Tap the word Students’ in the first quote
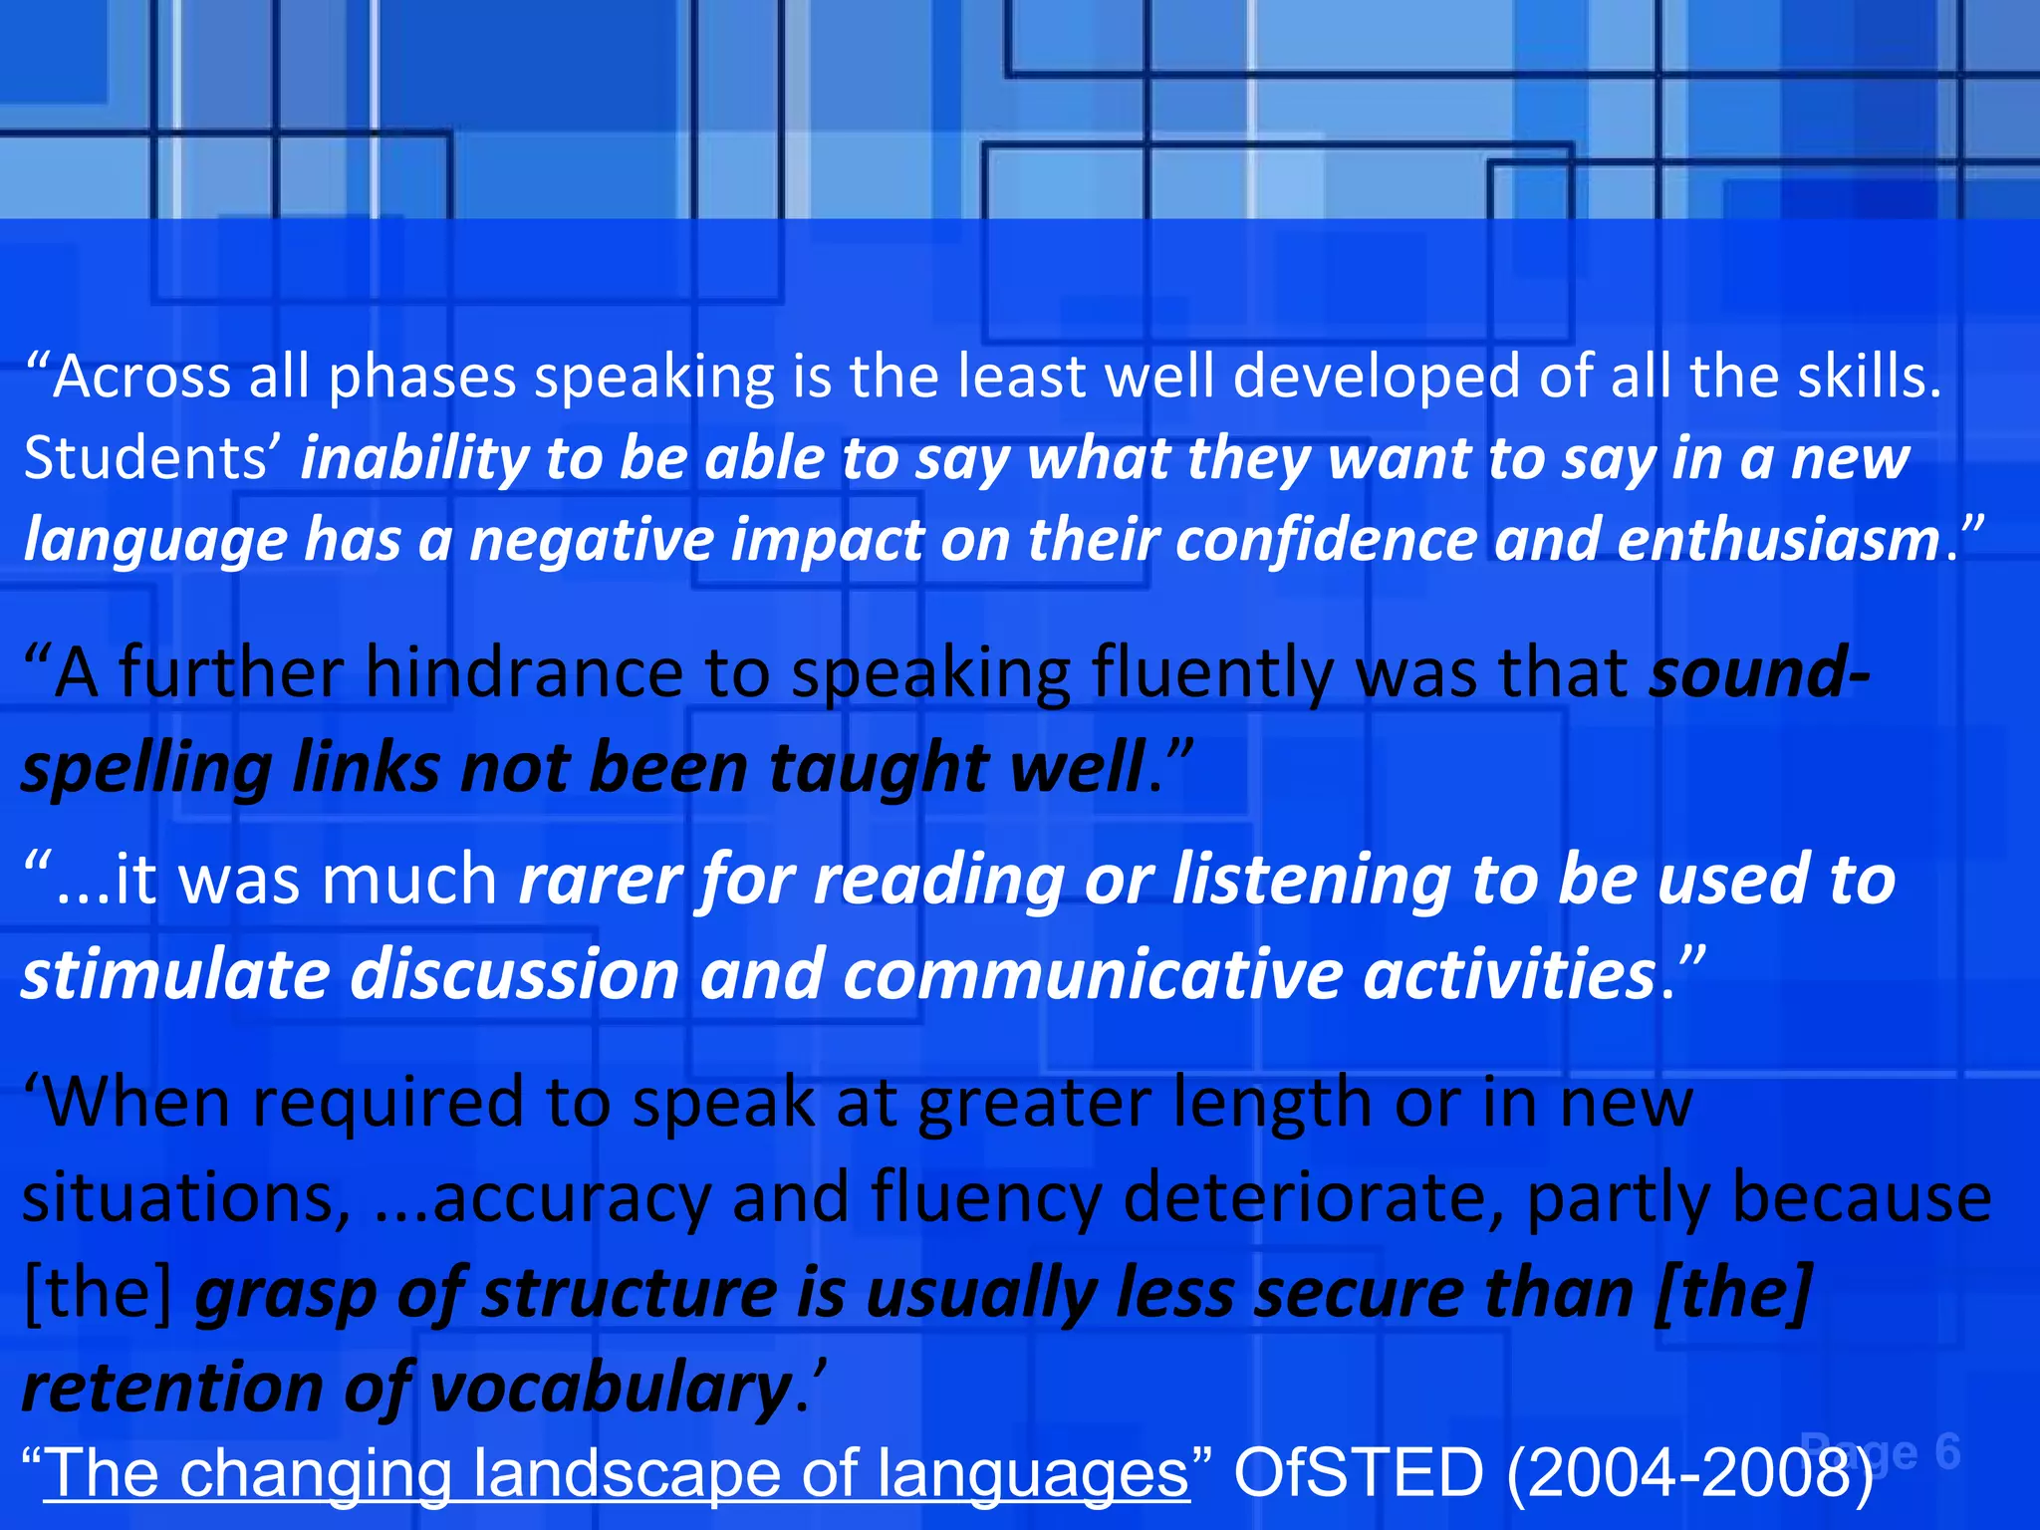(152, 459)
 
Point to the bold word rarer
(599, 879)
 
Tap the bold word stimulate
(175, 973)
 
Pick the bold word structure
(630, 1293)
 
